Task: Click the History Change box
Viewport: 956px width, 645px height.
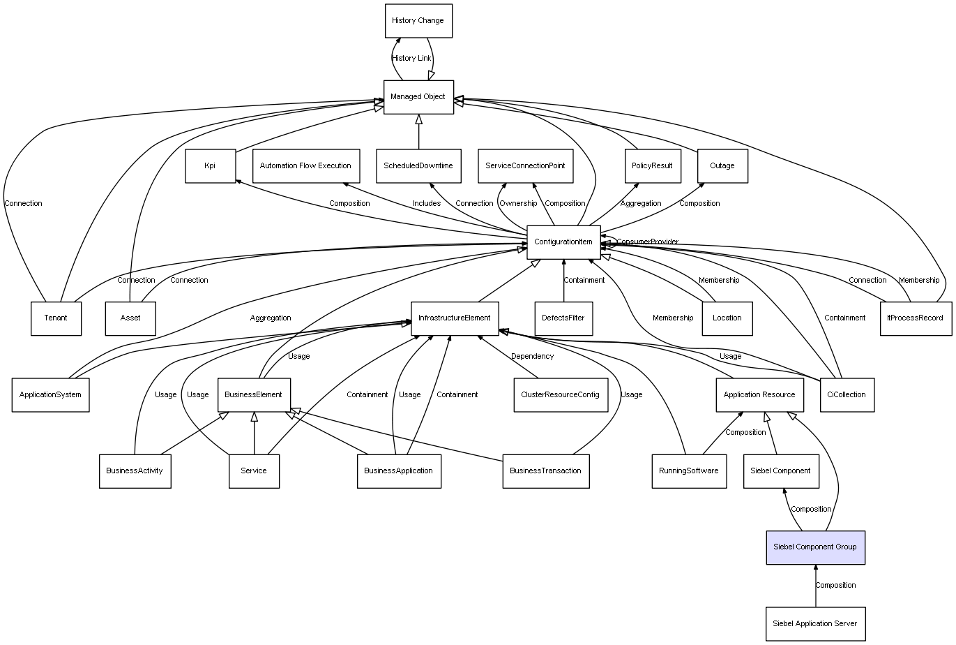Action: (418, 21)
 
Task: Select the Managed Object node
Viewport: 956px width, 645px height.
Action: (418, 97)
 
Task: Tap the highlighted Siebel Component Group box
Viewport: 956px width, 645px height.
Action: (815, 547)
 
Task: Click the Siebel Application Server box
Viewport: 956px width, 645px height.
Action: (815, 623)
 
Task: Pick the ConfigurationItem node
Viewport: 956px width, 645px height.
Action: (563, 242)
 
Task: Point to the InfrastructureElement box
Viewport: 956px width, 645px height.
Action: (455, 318)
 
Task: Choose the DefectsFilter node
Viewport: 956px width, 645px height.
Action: (563, 318)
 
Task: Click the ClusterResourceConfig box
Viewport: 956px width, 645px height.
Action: (560, 394)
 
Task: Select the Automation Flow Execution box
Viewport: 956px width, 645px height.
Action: (305, 166)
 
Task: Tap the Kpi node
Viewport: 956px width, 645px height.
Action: (210, 166)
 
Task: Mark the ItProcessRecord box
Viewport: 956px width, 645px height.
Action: (916, 318)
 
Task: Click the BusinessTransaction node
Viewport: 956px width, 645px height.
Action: (545, 470)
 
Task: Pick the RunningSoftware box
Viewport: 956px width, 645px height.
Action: (688, 470)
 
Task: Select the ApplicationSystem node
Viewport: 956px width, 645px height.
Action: (50, 394)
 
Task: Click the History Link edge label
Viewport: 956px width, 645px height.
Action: (411, 59)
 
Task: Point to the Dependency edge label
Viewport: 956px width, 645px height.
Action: (532, 356)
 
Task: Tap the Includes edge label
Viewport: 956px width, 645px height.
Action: (427, 204)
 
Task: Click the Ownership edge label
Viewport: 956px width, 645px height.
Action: (518, 204)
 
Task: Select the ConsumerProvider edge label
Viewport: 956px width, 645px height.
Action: (647, 242)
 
